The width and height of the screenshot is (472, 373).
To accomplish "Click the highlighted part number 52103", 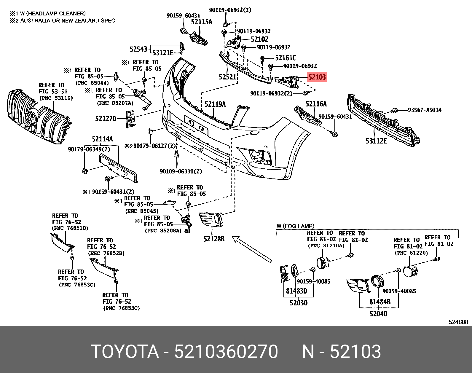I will [x=317, y=77].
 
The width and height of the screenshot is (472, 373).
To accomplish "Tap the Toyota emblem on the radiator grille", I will [x=31, y=117].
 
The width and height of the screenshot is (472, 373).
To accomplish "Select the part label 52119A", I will [x=215, y=104].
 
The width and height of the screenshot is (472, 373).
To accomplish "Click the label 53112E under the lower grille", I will [x=376, y=141].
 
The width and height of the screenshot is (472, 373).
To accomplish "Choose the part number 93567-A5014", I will [x=424, y=110].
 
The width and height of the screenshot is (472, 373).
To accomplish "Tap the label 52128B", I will [x=214, y=239].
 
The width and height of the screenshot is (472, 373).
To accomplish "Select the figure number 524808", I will [x=458, y=322].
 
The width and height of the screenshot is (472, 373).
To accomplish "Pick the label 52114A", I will [x=102, y=139].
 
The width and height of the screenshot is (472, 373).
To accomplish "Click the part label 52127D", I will [x=106, y=119].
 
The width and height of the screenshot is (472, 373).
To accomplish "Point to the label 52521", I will [x=227, y=77].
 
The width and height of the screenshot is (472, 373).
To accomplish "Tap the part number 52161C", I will [x=286, y=58].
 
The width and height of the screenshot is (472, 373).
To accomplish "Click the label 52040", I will [x=378, y=314].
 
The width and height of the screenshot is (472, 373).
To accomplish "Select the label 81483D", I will [x=296, y=291].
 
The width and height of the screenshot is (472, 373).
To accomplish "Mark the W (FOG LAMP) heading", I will [x=295, y=226].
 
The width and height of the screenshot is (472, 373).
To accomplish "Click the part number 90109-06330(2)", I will [x=181, y=171].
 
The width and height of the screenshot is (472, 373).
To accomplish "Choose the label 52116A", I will [x=316, y=104].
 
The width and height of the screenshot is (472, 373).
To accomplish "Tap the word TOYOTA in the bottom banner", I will [x=125, y=352].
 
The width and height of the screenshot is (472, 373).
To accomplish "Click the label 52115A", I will [x=202, y=22].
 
